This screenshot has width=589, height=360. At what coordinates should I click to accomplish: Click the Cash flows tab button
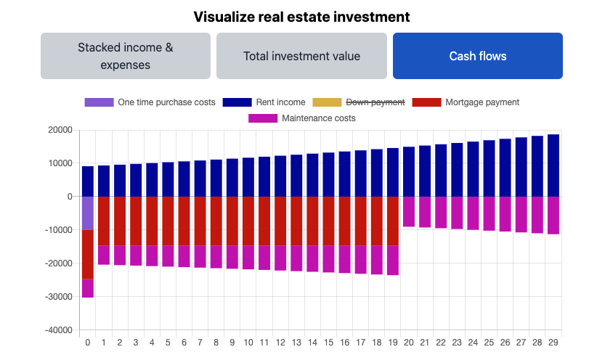477,56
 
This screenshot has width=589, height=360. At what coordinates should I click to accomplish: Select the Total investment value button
301,56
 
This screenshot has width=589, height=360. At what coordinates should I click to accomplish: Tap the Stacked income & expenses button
126,56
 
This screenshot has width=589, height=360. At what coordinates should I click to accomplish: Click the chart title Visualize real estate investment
301,16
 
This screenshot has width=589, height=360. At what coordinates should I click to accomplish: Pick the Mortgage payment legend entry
466,102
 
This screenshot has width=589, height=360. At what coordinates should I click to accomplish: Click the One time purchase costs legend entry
150,102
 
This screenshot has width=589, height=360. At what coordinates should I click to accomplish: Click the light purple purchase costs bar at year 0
88,213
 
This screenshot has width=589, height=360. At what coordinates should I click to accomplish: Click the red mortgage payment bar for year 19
393,221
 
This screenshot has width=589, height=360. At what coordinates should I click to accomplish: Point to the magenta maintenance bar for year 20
409,211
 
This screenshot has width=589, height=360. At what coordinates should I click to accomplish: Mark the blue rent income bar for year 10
248,177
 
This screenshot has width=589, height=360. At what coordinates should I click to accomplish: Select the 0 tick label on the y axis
69,197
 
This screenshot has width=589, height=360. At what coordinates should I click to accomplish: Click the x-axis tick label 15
328,343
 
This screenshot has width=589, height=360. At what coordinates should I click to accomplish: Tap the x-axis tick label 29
553,343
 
